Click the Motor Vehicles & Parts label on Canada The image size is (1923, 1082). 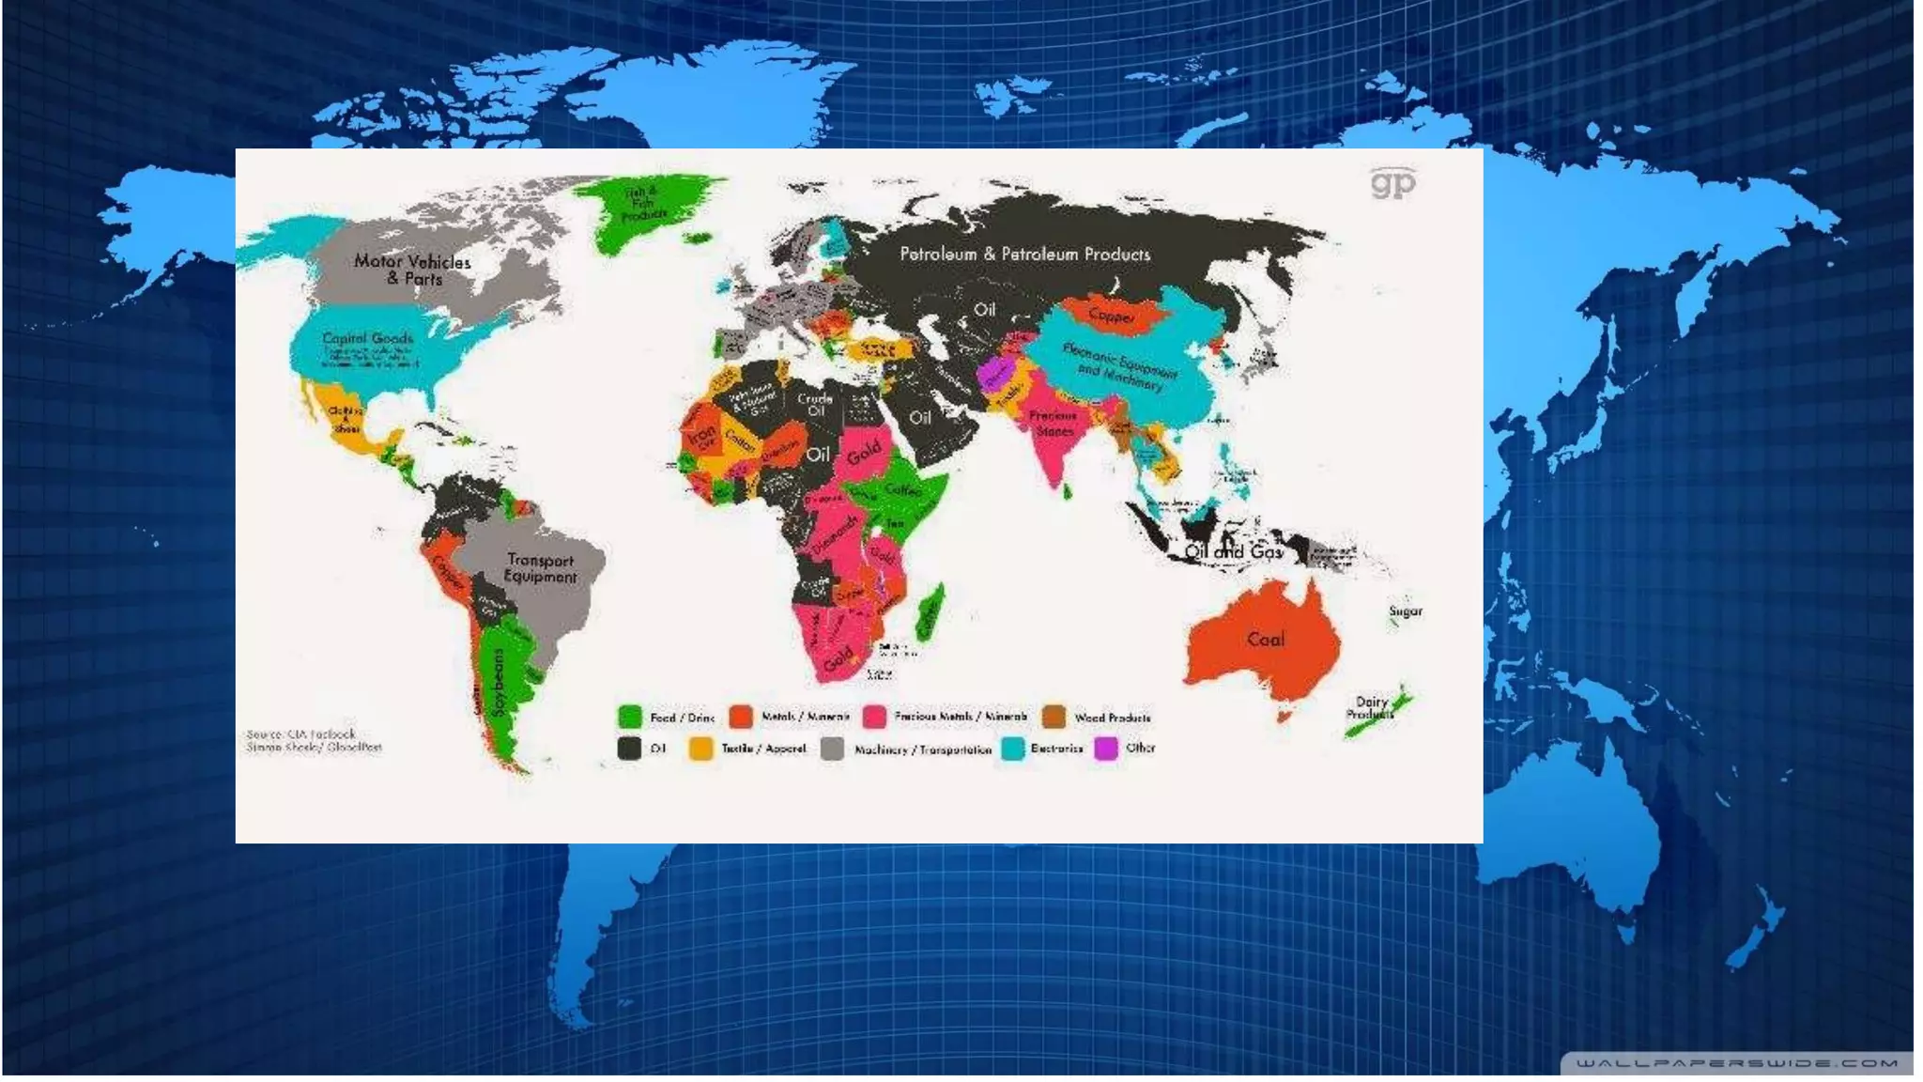[x=412, y=270]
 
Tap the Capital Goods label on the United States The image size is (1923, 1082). [x=367, y=338]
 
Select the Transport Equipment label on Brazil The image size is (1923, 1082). [x=540, y=568]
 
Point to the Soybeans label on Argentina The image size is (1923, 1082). [x=499, y=681]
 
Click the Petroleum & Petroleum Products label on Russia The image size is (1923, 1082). [x=1024, y=255]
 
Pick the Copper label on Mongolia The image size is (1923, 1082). [x=1112, y=316]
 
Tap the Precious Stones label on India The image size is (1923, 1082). [x=1053, y=424]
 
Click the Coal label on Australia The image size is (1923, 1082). [x=1265, y=640]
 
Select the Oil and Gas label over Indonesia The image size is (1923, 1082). [x=1233, y=552]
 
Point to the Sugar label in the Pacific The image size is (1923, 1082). [x=1406, y=611]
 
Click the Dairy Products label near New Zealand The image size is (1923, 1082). [x=1371, y=707]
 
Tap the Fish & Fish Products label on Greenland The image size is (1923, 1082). [x=643, y=204]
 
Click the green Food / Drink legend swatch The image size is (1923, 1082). [x=629, y=718]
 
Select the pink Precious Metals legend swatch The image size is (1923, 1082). [x=874, y=718]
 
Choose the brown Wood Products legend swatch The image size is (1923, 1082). [x=1054, y=718]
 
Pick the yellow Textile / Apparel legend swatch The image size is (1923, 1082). [x=700, y=749]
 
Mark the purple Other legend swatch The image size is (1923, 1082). [x=1106, y=749]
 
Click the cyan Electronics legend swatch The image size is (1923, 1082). [x=1012, y=749]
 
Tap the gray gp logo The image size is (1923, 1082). [x=1392, y=182]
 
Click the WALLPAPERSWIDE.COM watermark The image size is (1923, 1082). [x=1737, y=1063]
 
